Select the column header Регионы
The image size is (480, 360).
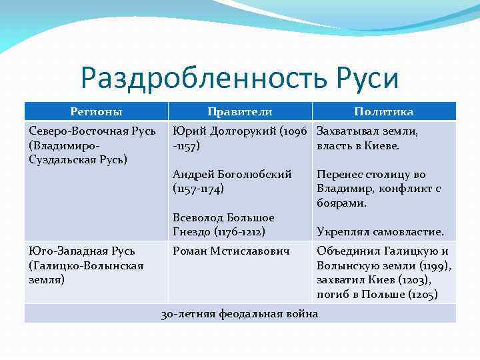point(96,111)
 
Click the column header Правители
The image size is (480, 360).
point(239,111)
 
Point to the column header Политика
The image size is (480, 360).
point(383,111)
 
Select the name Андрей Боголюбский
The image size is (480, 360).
point(232,175)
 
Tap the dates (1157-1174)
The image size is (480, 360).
point(198,189)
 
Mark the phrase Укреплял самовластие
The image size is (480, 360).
point(380,232)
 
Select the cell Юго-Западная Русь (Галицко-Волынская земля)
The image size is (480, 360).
point(87,265)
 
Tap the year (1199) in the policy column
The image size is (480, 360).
point(437,266)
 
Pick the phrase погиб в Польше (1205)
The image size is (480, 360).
point(377,294)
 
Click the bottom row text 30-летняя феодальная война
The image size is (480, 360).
point(240,313)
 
